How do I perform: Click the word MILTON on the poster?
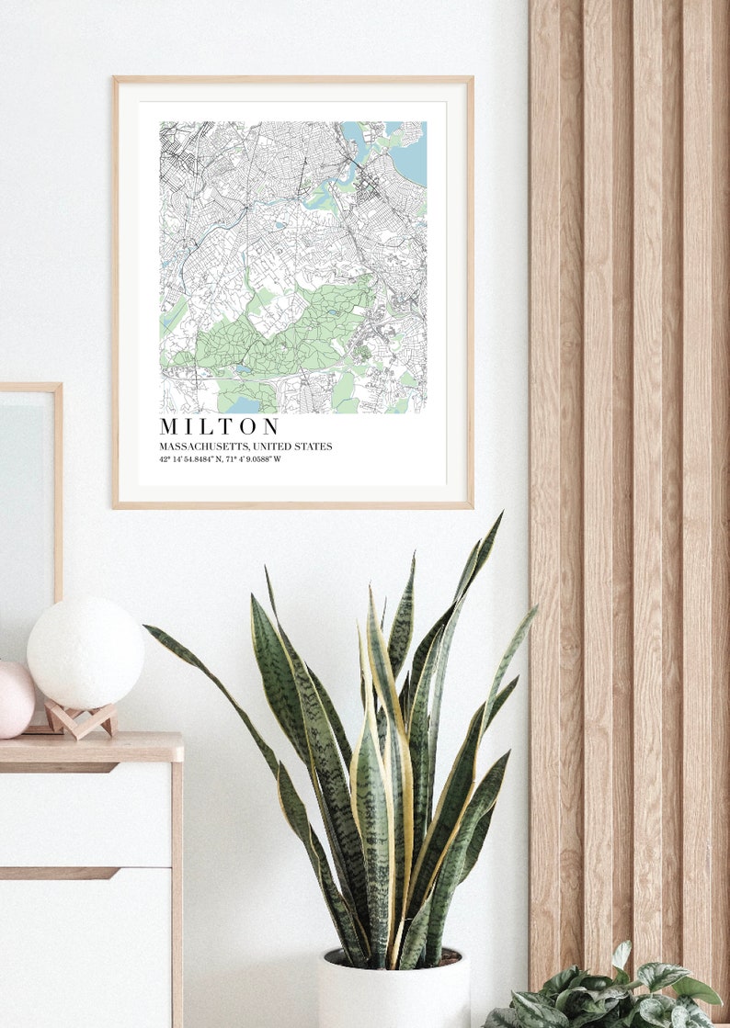coord(219,427)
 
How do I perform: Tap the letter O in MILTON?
coord(250,427)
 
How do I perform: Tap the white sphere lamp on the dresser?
coord(85,652)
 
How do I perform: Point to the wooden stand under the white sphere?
coord(81,721)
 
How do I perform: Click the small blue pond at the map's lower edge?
coord(243,405)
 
